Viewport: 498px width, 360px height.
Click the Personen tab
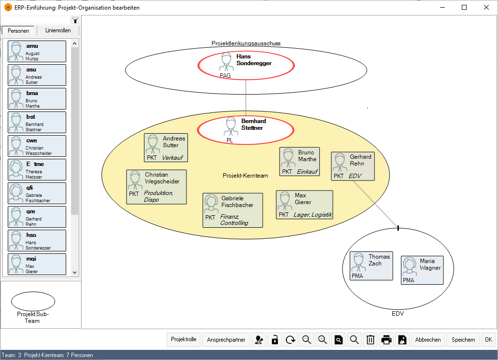click(x=18, y=30)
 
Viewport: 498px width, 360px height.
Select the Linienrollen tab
click(x=58, y=30)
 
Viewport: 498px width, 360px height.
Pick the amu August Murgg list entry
click(x=37, y=51)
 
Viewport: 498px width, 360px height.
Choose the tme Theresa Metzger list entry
click(x=37, y=169)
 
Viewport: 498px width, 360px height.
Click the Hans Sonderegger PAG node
click(x=246, y=65)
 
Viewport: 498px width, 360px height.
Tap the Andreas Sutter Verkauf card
click(x=166, y=148)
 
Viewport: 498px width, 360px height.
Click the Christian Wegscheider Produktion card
click(x=157, y=186)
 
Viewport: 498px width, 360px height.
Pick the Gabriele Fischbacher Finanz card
click(x=233, y=210)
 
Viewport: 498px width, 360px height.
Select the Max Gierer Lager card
click(x=304, y=205)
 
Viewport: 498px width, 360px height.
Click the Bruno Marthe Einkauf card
click(x=299, y=161)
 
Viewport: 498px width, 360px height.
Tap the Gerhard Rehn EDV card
click(x=353, y=166)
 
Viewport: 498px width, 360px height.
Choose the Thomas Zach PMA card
click(x=371, y=265)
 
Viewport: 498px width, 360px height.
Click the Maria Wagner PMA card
click(x=422, y=270)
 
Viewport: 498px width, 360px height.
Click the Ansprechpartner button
click(x=226, y=340)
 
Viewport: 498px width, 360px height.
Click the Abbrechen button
click(x=427, y=340)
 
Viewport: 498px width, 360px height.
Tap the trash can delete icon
click(x=370, y=340)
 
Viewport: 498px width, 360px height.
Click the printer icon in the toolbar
click(x=386, y=340)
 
